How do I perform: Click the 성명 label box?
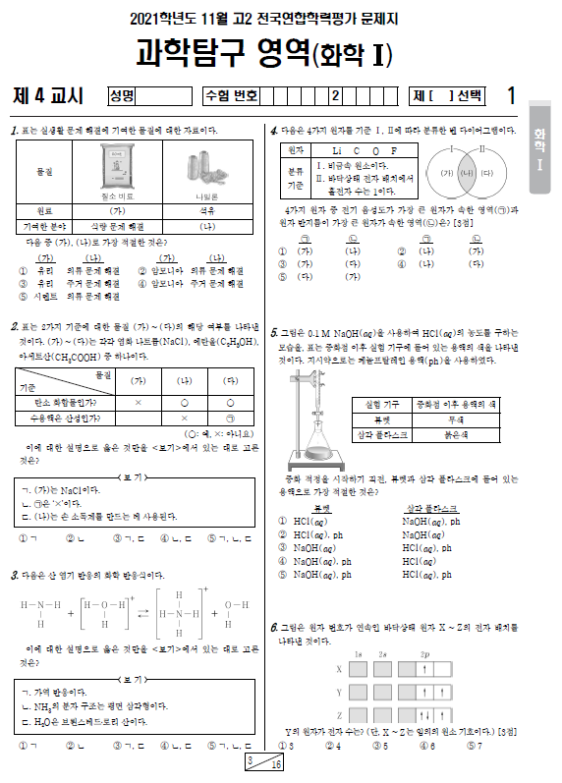coord(124,96)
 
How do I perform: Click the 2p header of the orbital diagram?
coord(424,653)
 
